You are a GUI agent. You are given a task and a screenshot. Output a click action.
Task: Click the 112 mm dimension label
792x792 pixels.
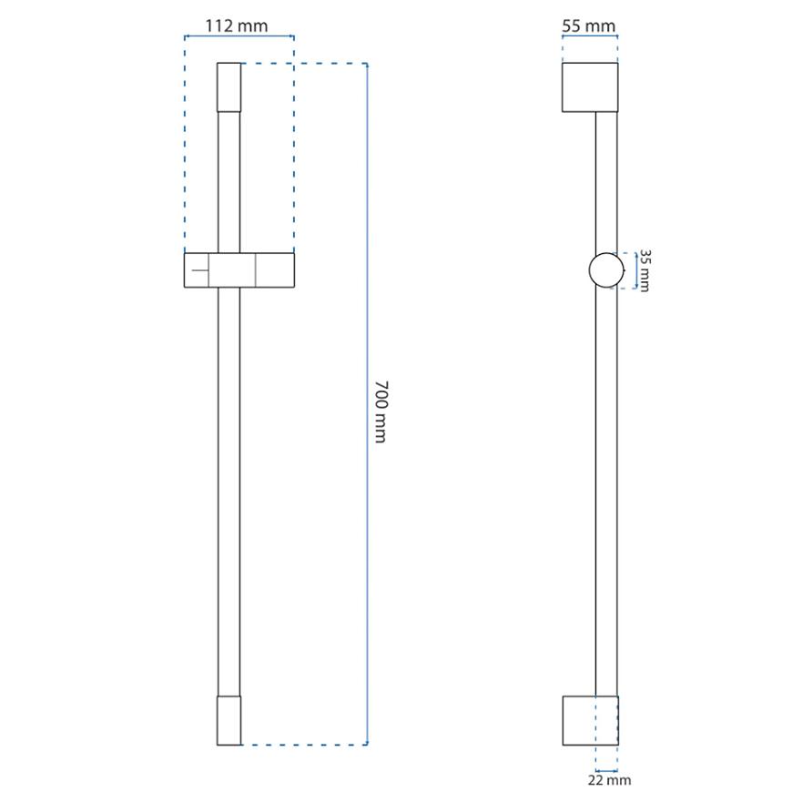coord(237,25)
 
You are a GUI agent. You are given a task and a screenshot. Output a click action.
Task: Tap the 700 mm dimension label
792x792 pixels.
coord(381,411)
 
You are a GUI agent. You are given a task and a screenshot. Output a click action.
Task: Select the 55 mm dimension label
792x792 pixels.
coord(589,25)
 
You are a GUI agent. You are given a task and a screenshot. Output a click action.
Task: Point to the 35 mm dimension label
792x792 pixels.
coord(645,270)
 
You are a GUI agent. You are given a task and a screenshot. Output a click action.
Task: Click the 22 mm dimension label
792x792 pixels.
coord(610,780)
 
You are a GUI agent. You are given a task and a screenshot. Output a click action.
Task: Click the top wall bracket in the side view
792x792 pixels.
coord(590,86)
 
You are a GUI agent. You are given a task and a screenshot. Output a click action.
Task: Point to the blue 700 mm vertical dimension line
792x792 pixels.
coord(367,403)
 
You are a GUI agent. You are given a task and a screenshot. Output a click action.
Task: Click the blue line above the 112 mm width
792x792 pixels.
coord(239,36)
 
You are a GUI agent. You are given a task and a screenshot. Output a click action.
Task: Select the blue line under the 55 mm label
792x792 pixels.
coord(590,36)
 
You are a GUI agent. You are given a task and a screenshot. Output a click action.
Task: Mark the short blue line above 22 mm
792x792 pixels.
coord(606,771)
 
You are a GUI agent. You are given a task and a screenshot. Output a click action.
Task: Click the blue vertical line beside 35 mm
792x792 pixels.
coord(636,270)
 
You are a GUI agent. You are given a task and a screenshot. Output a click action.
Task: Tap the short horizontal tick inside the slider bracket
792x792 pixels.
coord(199,270)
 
